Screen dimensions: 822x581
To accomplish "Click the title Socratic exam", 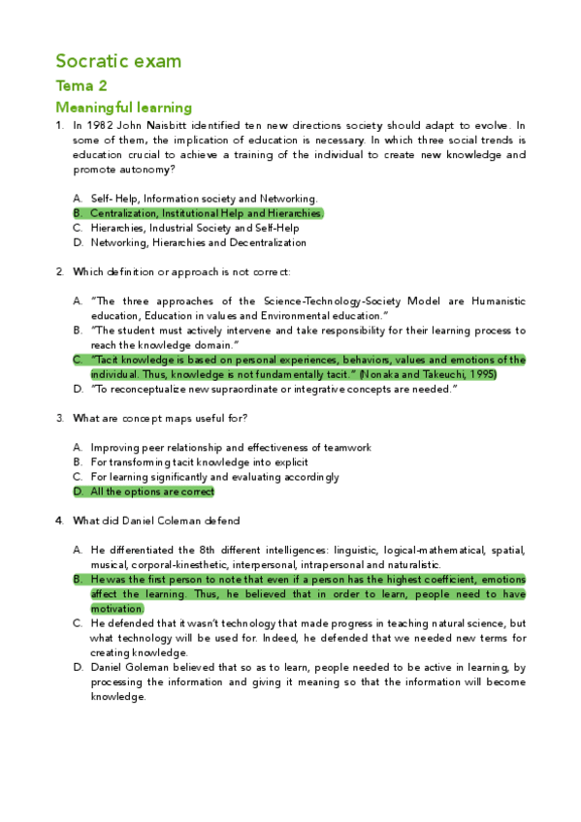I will click(118, 61).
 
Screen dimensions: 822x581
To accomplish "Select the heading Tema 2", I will click(81, 86).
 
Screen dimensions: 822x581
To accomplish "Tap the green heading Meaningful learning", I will click(123, 108).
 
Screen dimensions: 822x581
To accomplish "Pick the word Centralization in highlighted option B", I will click(123, 213).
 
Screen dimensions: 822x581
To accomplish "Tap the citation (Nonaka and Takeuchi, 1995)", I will click(429, 374).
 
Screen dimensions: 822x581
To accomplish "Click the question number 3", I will click(60, 418).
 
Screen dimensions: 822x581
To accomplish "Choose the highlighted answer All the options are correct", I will click(152, 491).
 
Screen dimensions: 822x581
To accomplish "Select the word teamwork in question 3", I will click(349, 448).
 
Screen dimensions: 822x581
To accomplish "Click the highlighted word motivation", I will click(116, 609).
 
